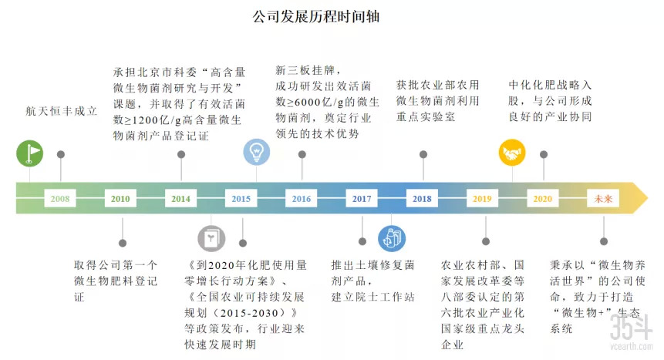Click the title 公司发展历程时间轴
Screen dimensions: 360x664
[x=316, y=16]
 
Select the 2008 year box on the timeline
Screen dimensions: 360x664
[x=59, y=199]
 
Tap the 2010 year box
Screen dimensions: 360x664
[x=120, y=199]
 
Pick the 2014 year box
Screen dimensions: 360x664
[x=180, y=199]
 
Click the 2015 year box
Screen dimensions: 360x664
[x=241, y=199]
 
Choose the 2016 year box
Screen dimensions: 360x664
[x=302, y=199]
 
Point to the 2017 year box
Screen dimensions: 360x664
[x=362, y=199]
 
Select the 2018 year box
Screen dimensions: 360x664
[x=422, y=199]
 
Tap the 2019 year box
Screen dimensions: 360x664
[x=482, y=199]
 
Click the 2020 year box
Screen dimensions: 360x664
[x=542, y=199]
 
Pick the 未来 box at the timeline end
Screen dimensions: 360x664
[x=602, y=199]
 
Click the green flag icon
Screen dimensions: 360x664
[x=30, y=153]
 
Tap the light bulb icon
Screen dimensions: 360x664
[x=256, y=152]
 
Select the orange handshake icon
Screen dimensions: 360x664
[x=512, y=153]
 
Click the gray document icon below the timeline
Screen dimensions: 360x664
[x=211, y=239]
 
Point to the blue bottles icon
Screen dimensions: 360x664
[x=391, y=239]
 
